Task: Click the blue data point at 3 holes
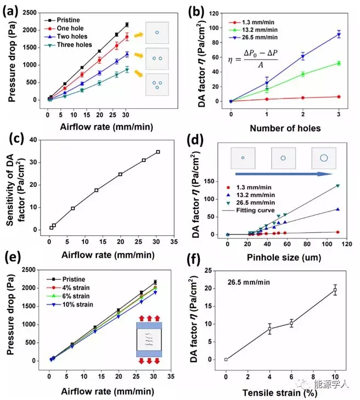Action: coord(339,35)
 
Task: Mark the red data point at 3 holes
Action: coord(339,97)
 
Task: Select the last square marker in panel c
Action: coord(158,152)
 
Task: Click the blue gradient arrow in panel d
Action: coord(283,173)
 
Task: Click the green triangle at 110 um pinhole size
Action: coord(337,186)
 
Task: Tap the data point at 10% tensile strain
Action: coord(335,290)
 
